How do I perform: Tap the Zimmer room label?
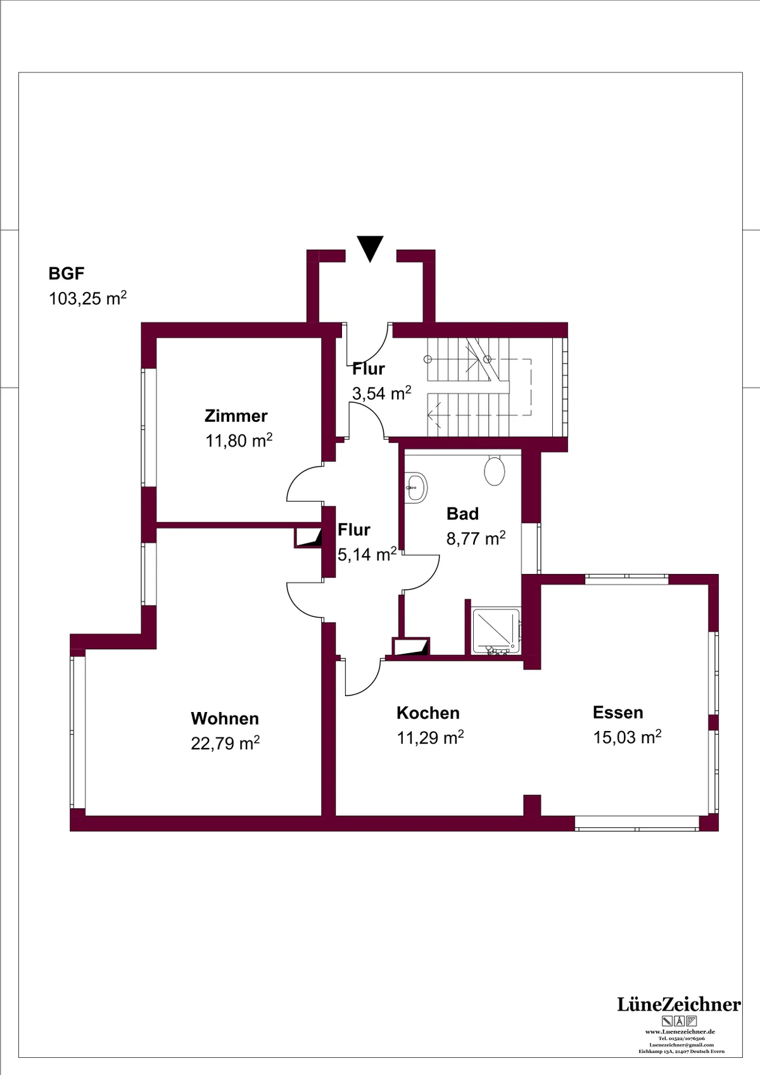coord(236,416)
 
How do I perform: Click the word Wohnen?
coord(225,718)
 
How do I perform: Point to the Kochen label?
coord(428,713)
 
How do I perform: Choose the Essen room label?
coord(618,713)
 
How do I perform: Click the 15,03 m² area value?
coord(628,737)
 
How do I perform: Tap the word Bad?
coord(462,514)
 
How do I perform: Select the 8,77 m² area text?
coord(476,538)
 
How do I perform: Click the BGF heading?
coord(66,274)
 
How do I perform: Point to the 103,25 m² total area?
coord(88,298)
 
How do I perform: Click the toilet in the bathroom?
coord(494,470)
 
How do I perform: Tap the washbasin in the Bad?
coord(416,488)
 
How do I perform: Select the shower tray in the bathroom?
coord(497,632)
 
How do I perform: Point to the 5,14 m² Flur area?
coord(367,554)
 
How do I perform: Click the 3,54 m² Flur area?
coord(382,393)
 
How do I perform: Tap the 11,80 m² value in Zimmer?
coord(239,440)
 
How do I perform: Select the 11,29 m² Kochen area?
coord(431,737)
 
